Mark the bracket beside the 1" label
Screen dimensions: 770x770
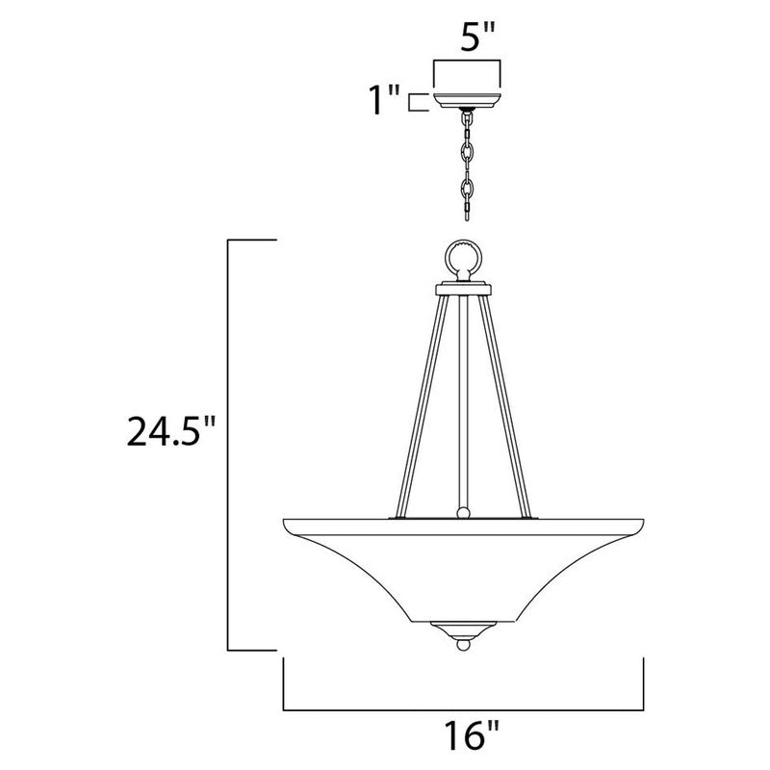point(417,102)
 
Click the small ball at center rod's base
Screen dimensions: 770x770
point(465,513)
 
